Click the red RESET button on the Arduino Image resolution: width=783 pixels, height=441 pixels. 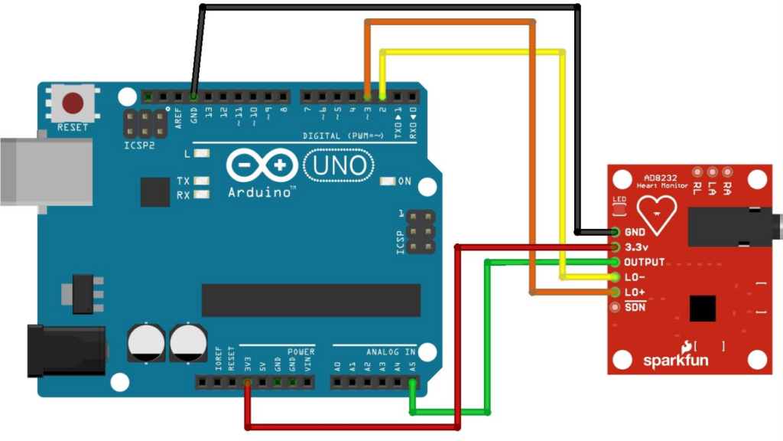coord(73,103)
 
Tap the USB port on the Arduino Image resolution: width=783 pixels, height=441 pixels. coord(34,171)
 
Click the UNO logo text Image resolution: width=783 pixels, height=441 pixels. coord(339,165)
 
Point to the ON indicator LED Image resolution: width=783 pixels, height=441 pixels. coord(388,181)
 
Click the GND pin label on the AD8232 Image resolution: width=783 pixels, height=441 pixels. coord(635,232)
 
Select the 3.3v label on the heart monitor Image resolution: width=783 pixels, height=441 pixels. coord(636,247)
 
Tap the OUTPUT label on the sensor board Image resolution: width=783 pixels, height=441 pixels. coord(644,262)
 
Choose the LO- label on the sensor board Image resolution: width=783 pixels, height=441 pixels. coord(635,277)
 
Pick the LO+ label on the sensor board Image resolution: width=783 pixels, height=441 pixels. coord(635,292)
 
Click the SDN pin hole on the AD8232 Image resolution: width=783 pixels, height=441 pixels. coord(615,307)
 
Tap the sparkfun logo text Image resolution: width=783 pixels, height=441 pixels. coord(670,359)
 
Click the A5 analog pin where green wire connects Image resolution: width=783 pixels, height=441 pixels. coord(413,381)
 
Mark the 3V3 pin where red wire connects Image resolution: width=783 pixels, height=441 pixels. coord(247,381)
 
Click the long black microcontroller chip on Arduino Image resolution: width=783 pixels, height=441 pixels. coord(310,299)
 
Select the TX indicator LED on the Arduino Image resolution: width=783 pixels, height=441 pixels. coord(203,181)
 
